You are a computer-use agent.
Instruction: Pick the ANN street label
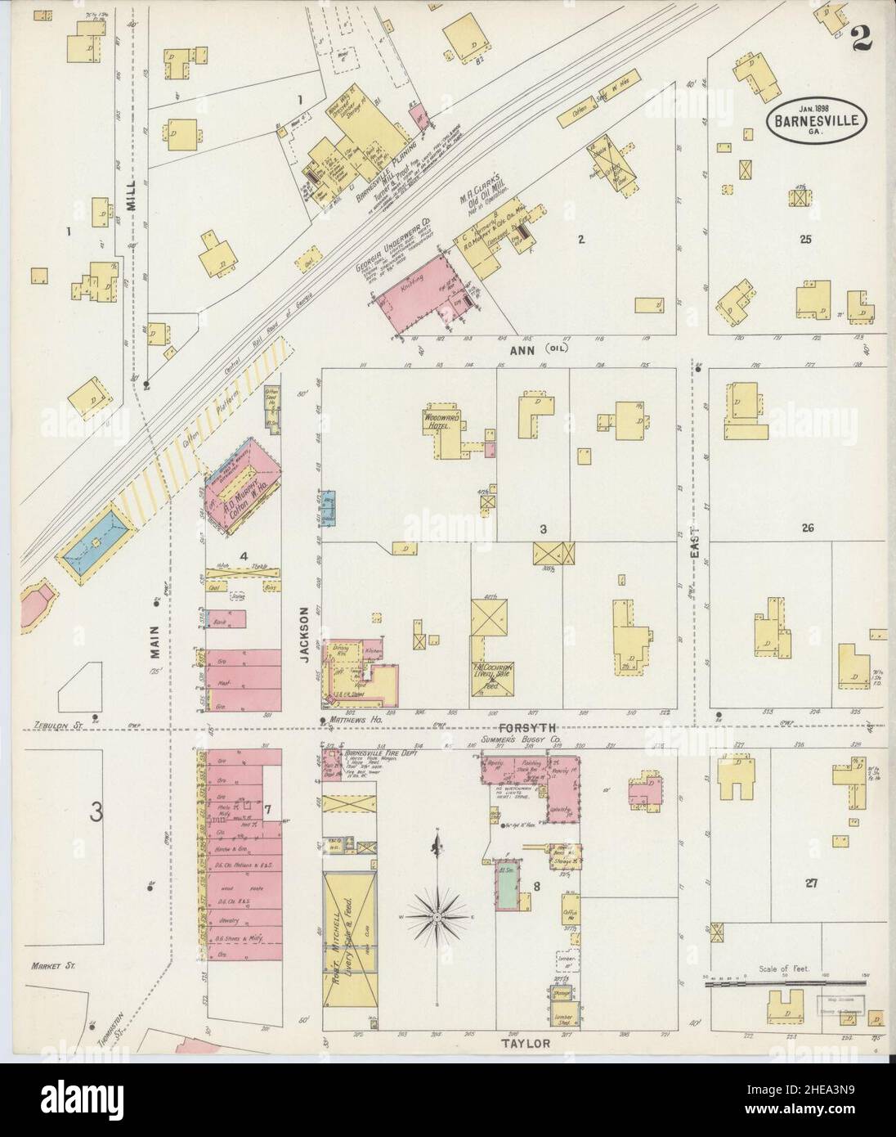[522, 349]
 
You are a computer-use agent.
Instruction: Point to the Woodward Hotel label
[442, 418]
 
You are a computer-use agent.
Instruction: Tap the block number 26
[808, 528]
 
